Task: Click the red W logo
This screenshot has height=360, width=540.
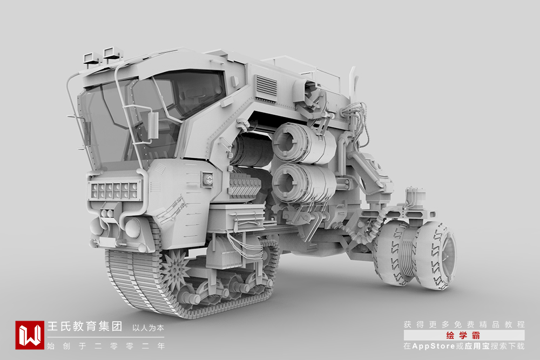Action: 30,335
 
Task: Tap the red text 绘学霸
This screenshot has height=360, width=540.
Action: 463,335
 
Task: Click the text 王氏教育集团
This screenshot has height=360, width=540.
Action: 85,327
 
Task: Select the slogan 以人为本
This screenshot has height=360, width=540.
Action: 148,328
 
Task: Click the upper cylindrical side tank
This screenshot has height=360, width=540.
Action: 302,143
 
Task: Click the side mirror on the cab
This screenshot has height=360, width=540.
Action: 153,125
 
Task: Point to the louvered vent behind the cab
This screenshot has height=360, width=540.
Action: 267,87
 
